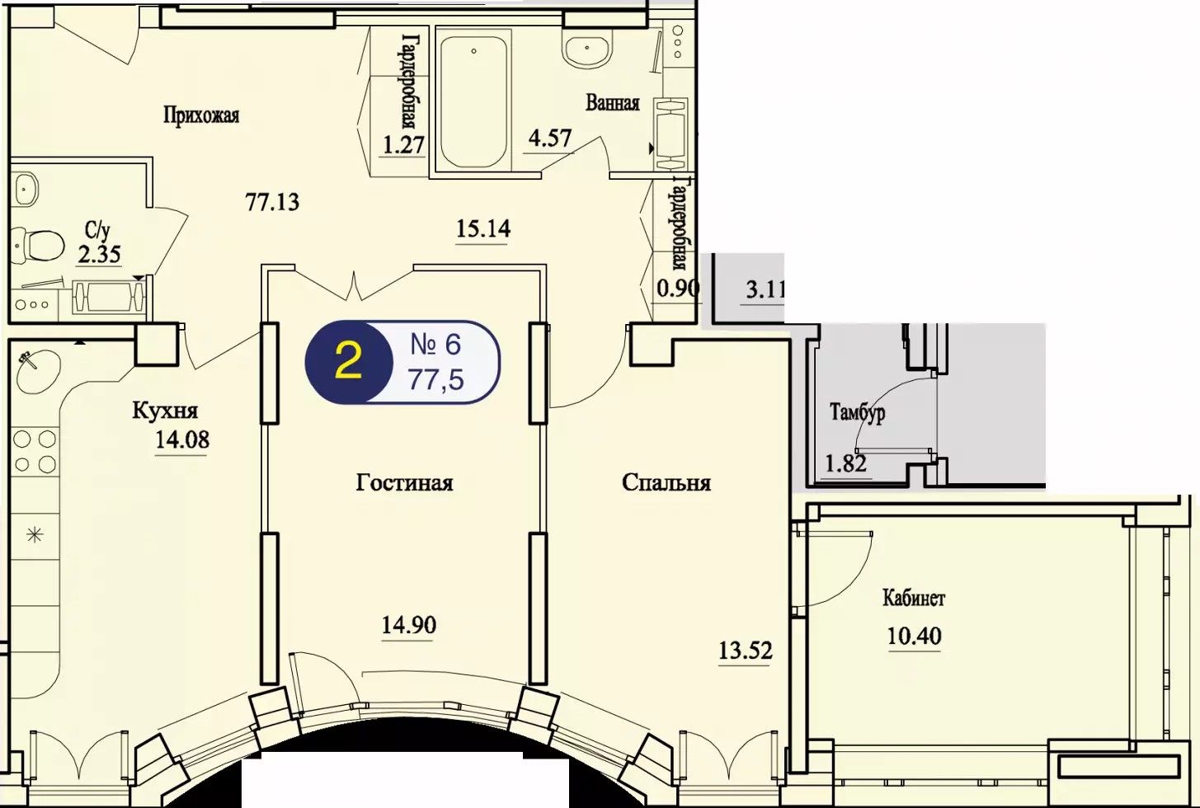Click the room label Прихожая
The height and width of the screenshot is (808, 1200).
tap(201, 115)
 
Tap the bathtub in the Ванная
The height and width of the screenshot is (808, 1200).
tap(474, 101)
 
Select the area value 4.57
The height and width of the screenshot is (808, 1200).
tap(549, 139)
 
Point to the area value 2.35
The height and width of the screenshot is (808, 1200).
tap(99, 254)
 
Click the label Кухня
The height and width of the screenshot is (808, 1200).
tap(165, 411)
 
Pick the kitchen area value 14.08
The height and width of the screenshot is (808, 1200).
tap(182, 440)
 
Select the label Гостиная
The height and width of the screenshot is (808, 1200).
tap(404, 483)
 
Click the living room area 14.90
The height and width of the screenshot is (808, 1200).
tap(409, 625)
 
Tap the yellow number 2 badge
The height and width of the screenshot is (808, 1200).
tap(348, 361)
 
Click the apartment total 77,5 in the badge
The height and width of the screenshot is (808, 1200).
tap(435, 380)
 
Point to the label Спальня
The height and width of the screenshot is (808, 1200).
tap(666, 483)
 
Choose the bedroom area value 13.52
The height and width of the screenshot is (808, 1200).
tap(746, 651)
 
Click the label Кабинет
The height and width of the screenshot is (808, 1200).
tap(914, 598)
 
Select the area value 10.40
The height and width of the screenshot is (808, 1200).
tap(915, 637)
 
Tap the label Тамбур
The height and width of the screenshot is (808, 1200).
tap(857, 413)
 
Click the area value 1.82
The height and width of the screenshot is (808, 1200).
tap(846, 463)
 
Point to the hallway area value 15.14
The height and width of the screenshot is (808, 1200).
tap(483, 229)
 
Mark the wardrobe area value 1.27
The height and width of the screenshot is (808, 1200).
tap(403, 144)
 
